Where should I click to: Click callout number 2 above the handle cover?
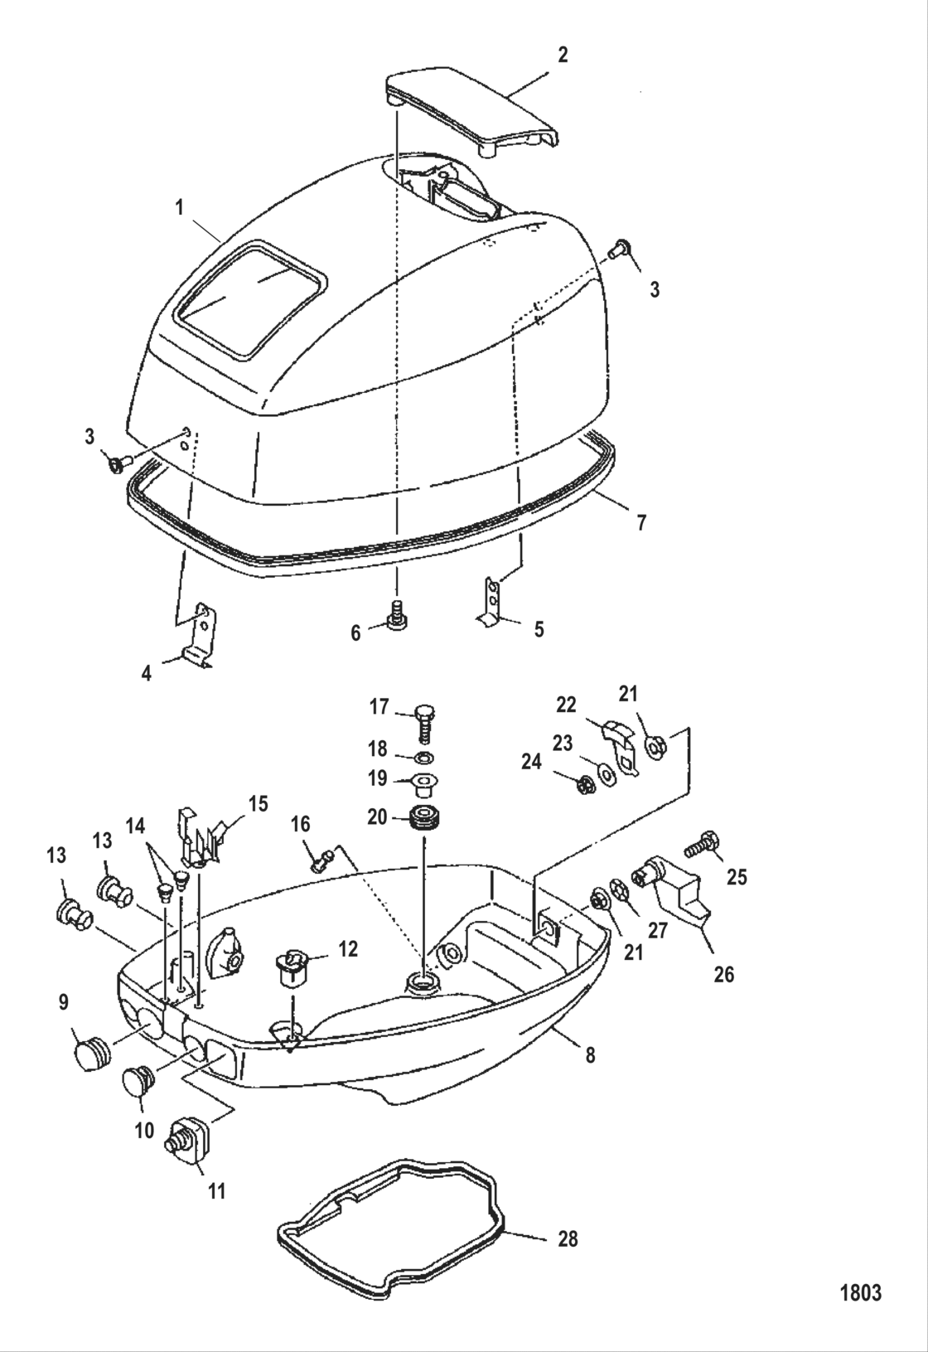[563, 56]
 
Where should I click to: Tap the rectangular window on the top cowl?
[249, 299]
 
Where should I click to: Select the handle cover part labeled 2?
[470, 110]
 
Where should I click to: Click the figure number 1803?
[861, 1292]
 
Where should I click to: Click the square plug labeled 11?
[191, 1133]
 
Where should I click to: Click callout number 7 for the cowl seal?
[641, 523]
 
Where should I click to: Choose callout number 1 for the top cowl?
[180, 207]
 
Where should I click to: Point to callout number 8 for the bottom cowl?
[589, 1055]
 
